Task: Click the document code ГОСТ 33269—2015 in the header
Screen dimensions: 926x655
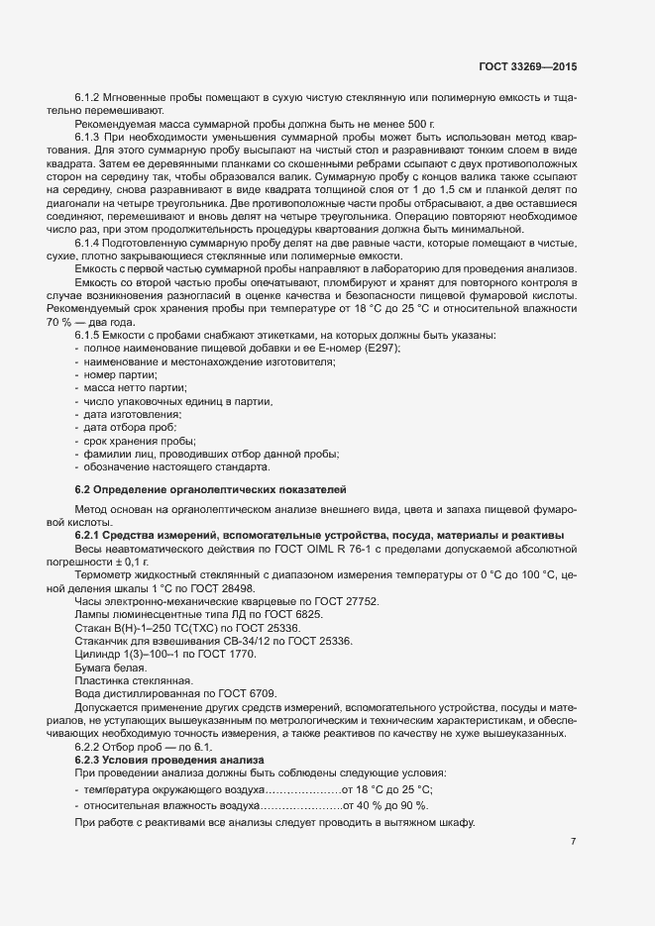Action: (x=526, y=66)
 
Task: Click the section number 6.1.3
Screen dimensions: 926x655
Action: (x=88, y=136)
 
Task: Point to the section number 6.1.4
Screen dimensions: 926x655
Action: (x=88, y=244)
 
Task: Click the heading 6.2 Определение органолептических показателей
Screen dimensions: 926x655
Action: (x=211, y=489)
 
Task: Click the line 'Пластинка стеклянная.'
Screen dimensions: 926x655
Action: (x=132, y=680)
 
